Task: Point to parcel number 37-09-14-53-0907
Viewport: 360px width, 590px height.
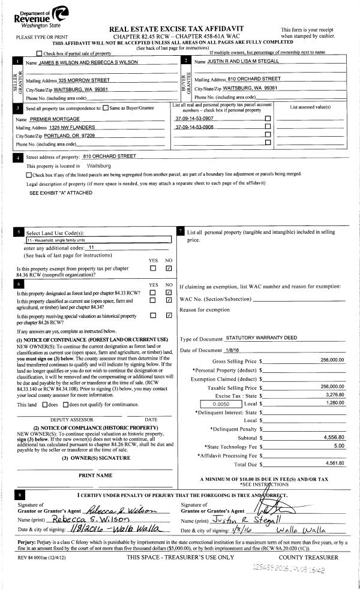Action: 194,119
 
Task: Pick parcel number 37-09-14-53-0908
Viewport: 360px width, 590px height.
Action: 194,127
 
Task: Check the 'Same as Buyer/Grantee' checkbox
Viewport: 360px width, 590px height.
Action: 106,109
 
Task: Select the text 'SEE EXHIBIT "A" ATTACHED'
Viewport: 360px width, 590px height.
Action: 61,193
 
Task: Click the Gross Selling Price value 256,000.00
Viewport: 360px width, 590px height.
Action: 332,360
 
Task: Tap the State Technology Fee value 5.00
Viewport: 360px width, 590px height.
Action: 338,446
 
